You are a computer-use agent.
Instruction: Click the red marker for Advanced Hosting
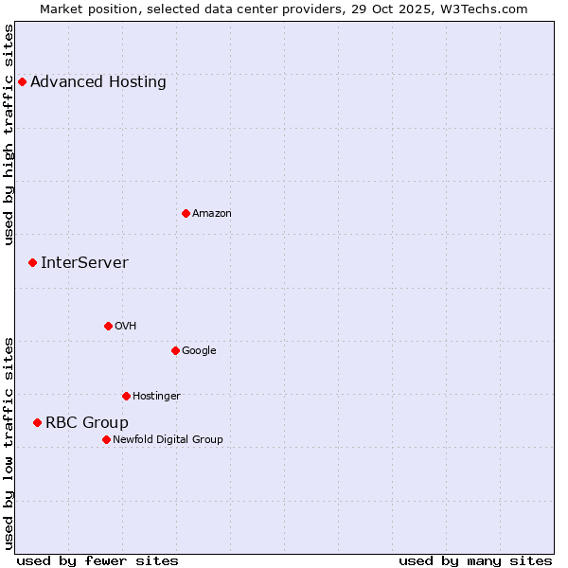pyautogui.click(x=22, y=82)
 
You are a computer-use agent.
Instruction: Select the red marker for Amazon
pyautogui.click(x=186, y=213)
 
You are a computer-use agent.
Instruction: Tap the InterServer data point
pyautogui.click(x=32, y=262)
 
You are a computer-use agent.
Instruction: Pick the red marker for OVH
pyautogui.click(x=108, y=326)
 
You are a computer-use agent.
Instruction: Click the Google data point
pyautogui.click(x=175, y=350)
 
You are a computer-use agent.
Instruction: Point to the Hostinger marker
pyautogui.click(x=126, y=396)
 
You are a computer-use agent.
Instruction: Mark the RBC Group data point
pyautogui.click(x=37, y=422)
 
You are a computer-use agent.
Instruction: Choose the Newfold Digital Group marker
pyautogui.click(x=106, y=439)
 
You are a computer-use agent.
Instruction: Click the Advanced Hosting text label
pyautogui.click(x=98, y=82)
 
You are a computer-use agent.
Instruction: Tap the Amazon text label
pyautogui.click(x=212, y=214)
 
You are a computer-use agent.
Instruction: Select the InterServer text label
pyautogui.click(x=84, y=263)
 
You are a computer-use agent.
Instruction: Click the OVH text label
pyautogui.click(x=126, y=327)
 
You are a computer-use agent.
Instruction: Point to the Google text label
pyautogui.click(x=199, y=351)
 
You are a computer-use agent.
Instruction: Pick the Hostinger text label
pyautogui.click(x=156, y=397)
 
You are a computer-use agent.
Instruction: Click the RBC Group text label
pyautogui.click(x=87, y=423)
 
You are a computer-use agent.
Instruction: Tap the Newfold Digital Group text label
pyautogui.click(x=168, y=440)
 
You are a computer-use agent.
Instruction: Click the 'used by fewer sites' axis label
pyautogui.click(x=98, y=561)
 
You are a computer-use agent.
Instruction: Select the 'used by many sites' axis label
pyautogui.click(x=475, y=561)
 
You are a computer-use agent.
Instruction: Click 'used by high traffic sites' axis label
pyautogui.click(x=9, y=134)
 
